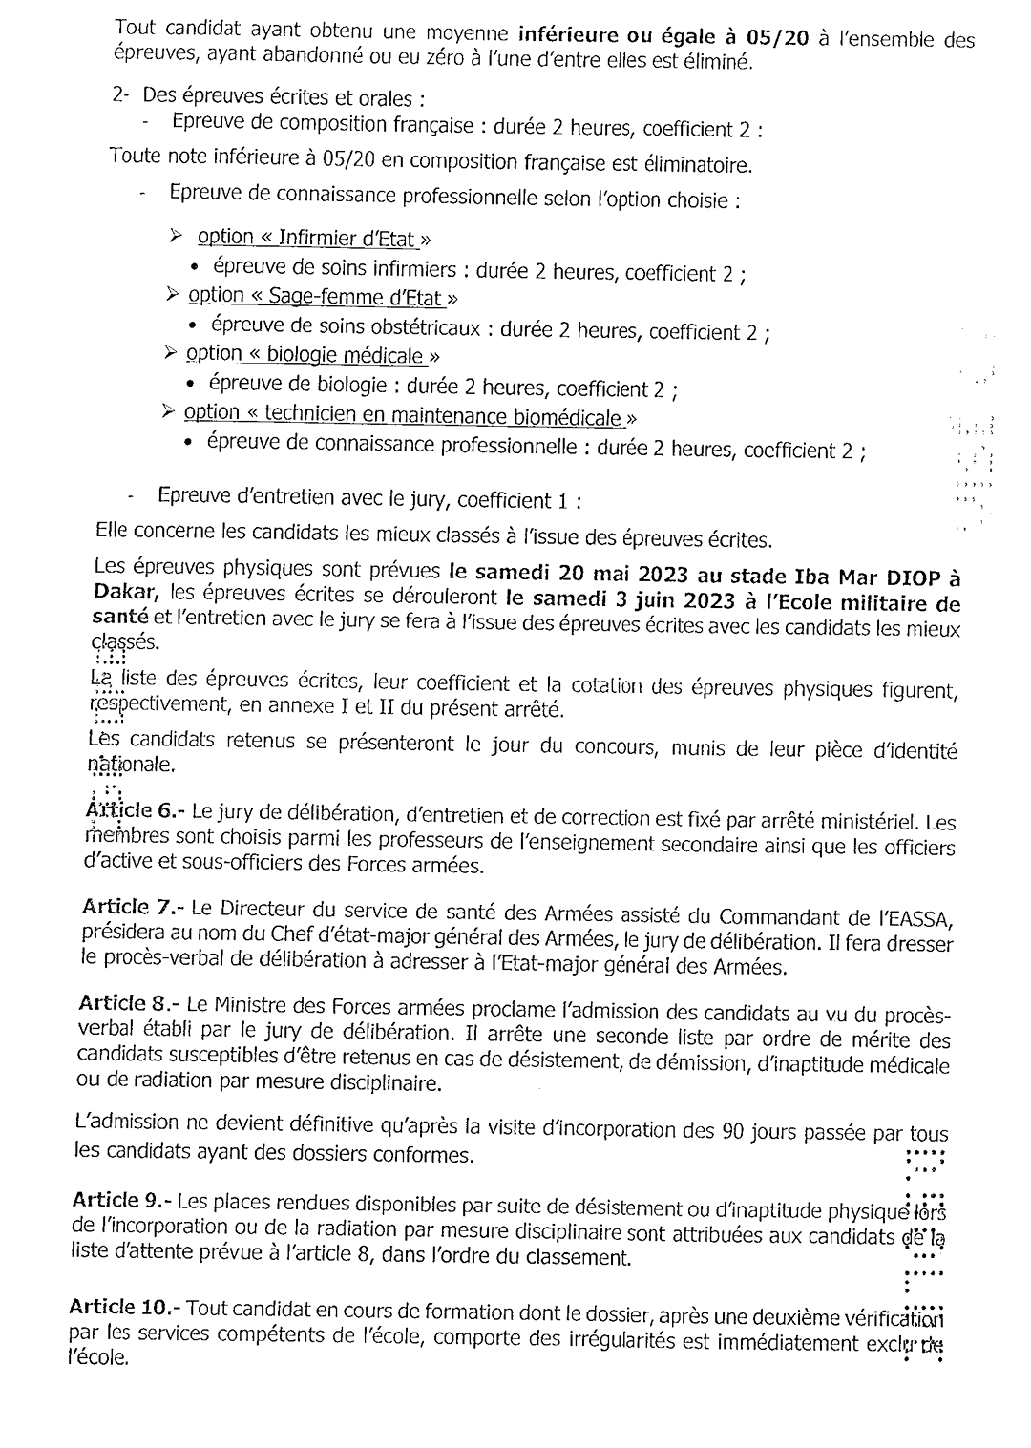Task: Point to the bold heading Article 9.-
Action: click(x=122, y=1199)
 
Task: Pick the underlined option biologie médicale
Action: click(x=306, y=355)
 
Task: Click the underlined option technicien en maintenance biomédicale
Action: click(x=406, y=415)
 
